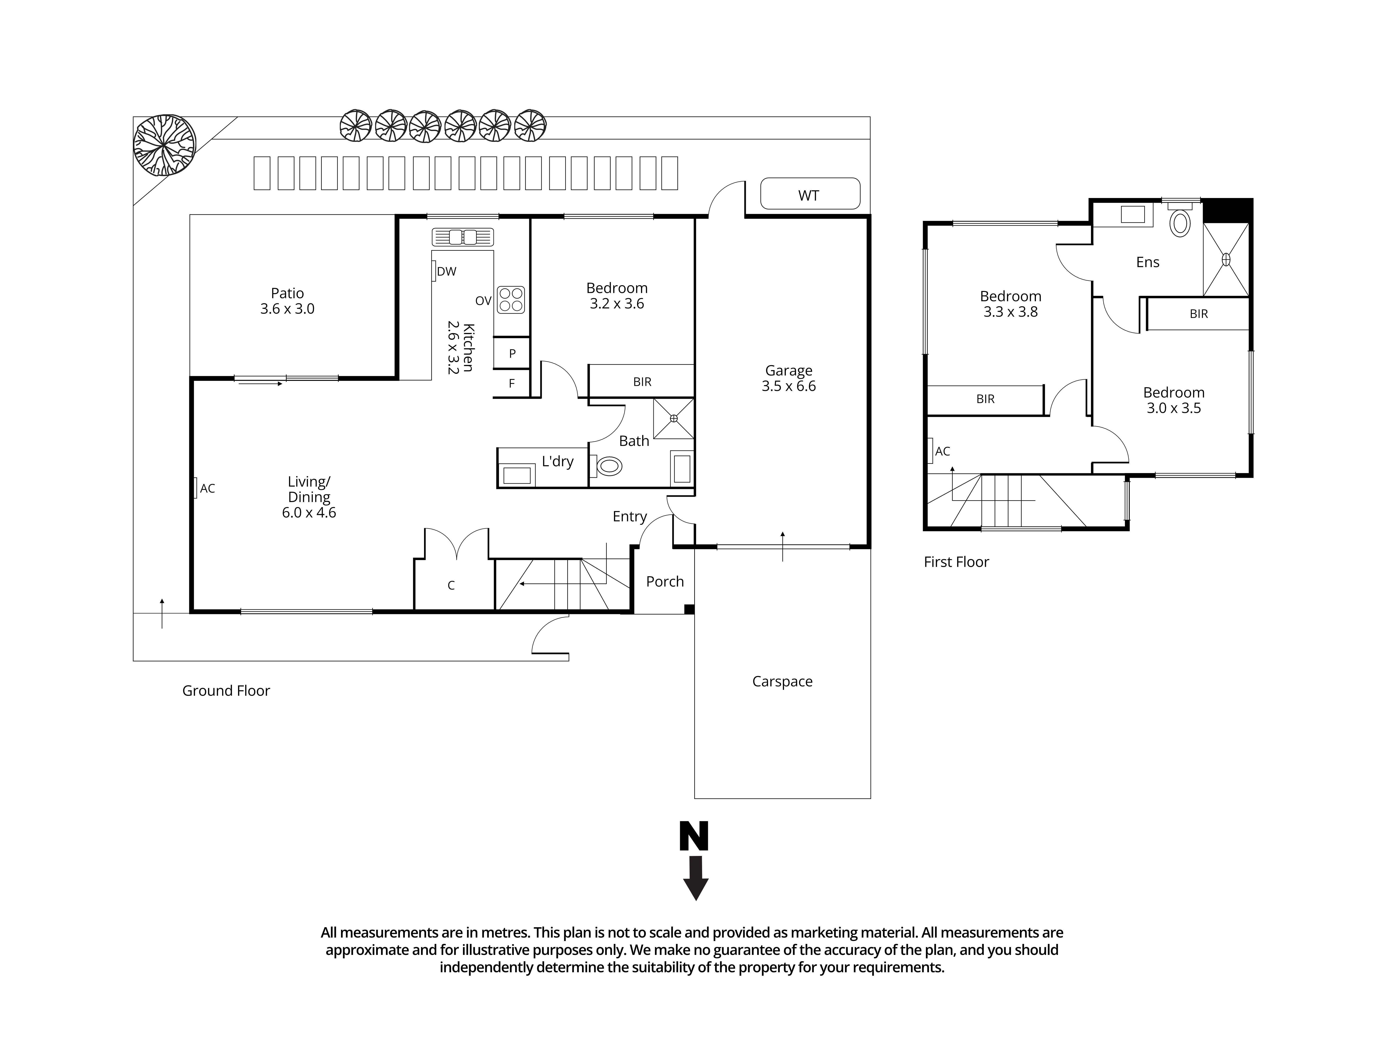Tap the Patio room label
(287, 301)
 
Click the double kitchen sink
(462, 237)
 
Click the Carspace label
(782, 682)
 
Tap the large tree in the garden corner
(164, 146)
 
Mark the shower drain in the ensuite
(1225, 259)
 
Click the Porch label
(665, 582)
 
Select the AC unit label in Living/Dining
(207, 488)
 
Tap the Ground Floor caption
(226, 691)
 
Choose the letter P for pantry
(512, 353)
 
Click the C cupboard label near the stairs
(451, 586)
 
